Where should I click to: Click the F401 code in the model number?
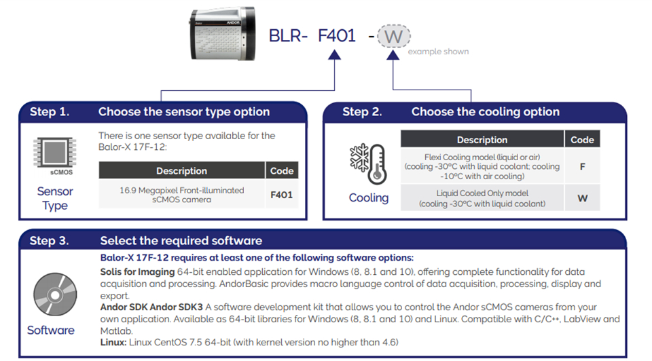337,35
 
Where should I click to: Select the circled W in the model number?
394,35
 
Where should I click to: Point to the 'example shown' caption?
438,52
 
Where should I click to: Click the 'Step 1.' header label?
50,112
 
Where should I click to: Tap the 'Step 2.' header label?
363,112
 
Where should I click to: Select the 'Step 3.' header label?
50,240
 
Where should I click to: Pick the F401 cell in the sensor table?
281,195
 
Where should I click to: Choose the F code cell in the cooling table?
582,166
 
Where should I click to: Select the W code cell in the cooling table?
582,198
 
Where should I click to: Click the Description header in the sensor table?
181,171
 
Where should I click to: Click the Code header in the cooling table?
582,140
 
